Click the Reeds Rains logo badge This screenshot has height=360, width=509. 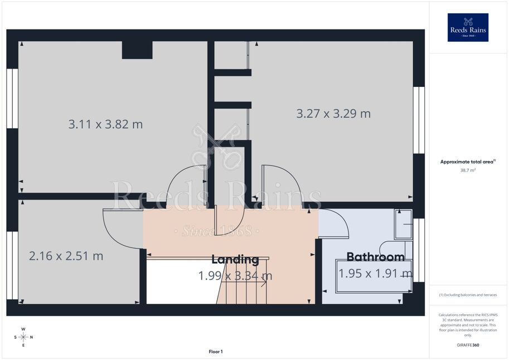click(x=468, y=27)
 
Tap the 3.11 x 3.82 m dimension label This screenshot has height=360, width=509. click(x=105, y=124)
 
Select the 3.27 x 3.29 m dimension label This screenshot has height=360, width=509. click(x=333, y=114)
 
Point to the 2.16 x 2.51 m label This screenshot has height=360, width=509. click(x=66, y=256)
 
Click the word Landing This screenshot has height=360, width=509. click(x=235, y=259)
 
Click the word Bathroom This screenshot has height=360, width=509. click(x=376, y=257)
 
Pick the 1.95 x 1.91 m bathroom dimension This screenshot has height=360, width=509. click(x=376, y=274)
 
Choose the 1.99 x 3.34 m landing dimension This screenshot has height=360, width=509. click(x=235, y=276)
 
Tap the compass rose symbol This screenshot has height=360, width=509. click(x=23, y=337)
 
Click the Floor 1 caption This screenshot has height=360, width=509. click(x=216, y=352)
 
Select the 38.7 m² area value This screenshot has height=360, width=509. click(x=468, y=170)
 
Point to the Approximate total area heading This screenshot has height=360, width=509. click(x=468, y=162)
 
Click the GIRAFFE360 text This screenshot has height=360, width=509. click(x=468, y=345)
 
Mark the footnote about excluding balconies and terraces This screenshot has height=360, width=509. click(x=468, y=295)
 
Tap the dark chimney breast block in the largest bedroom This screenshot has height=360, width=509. click(x=137, y=50)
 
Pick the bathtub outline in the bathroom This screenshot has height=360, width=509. click(x=374, y=276)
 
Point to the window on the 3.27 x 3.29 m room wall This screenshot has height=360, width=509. click(x=419, y=120)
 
